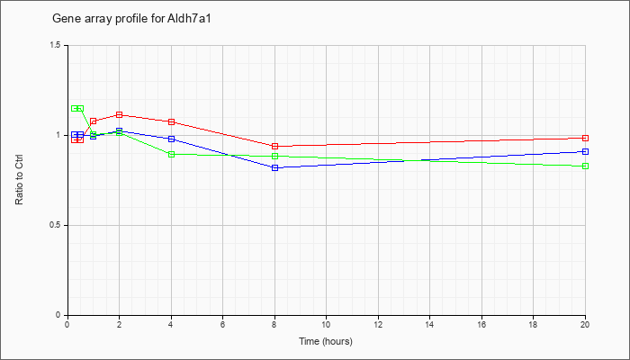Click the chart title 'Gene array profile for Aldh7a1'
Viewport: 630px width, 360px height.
click(131, 19)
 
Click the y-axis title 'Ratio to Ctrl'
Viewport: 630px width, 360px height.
click(19, 179)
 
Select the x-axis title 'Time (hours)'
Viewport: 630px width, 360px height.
click(326, 341)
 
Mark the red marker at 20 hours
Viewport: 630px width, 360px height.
click(585, 139)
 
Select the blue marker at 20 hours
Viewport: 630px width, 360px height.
click(585, 151)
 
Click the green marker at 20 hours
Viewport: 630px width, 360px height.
click(585, 166)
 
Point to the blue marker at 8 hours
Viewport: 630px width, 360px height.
click(275, 168)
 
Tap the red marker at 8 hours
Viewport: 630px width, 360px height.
click(275, 146)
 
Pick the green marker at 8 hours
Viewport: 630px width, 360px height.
click(275, 156)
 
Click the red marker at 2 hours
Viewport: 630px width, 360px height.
click(120, 115)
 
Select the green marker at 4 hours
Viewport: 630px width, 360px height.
click(172, 154)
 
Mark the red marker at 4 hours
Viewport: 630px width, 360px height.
click(172, 121)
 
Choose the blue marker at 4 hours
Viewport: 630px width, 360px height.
click(172, 139)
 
